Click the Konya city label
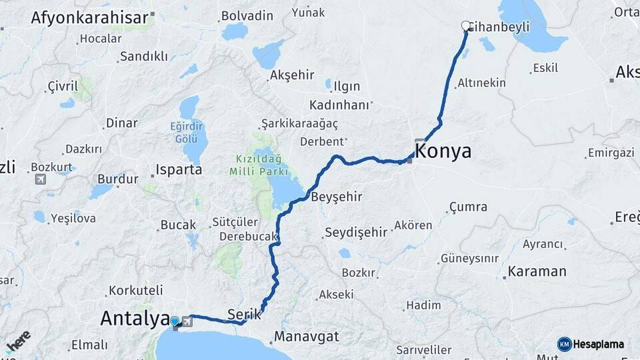point(443,151)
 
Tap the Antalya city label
point(134,319)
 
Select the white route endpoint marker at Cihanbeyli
point(466,26)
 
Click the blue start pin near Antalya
point(175,322)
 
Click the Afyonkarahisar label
point(89,17)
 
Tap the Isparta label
point(178,169)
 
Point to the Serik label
point(244,313)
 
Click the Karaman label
point(537,271)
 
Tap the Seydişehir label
point(355,233)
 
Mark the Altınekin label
point(481,83)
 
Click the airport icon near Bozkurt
point(41,179)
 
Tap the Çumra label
point(468,207)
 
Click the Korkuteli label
point(136,291)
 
